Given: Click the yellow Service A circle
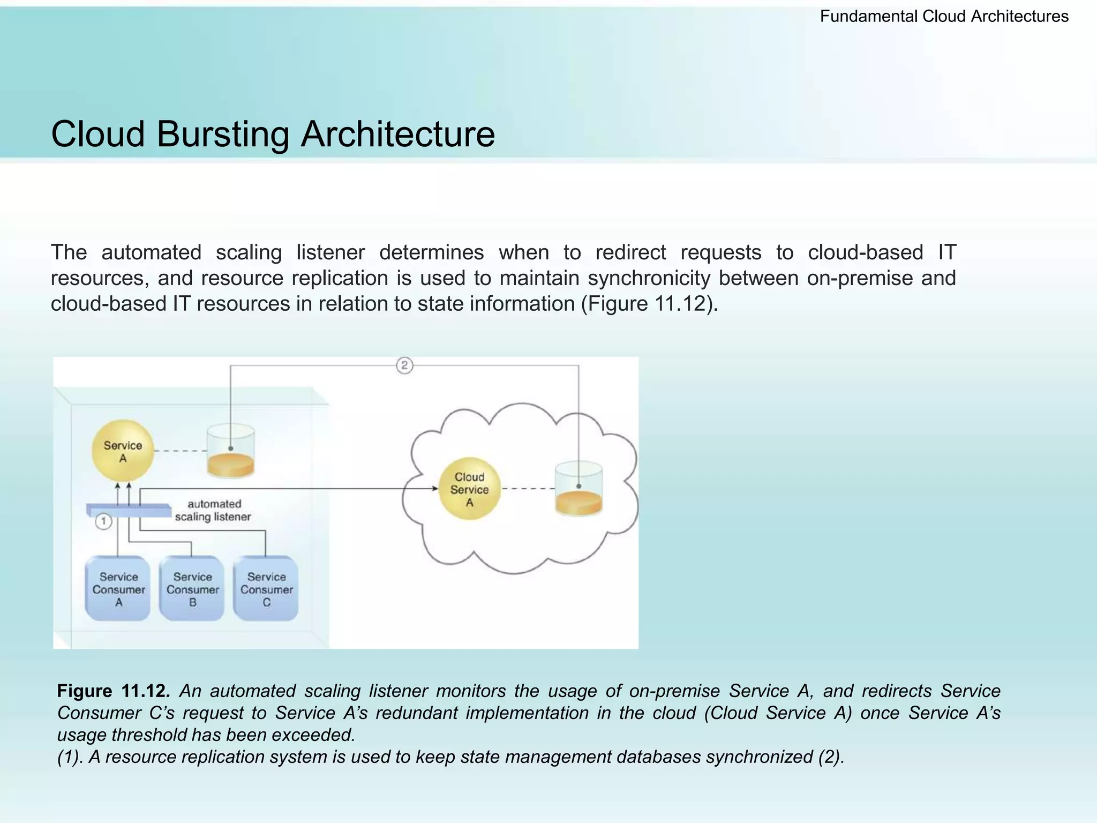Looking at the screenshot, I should coord(123,450).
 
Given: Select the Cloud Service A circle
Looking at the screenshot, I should coord(469,489).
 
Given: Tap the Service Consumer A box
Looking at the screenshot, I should coord(118,589).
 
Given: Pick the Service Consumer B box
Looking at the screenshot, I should coord(192,589).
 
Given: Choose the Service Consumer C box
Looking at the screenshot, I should coord(266,589).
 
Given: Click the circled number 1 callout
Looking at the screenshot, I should coord(103,521).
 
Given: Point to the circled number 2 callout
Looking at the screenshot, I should coord(404,366).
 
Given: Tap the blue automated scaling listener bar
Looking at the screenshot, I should coord(129,510).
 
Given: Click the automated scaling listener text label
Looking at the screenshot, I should coord(213,510).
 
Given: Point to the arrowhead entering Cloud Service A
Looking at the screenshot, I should coord(434,489).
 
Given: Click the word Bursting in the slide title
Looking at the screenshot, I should coord(222,134).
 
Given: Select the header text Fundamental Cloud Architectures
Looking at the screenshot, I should coord(944,17).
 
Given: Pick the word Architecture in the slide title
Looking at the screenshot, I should coord(397,134).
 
